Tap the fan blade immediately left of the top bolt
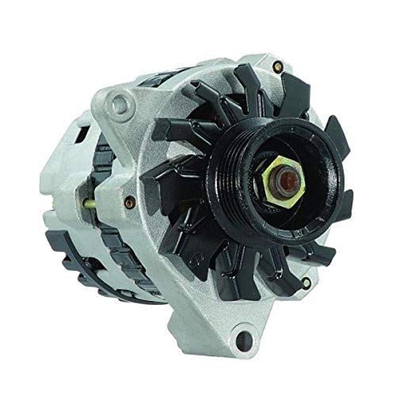click(238, 79)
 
